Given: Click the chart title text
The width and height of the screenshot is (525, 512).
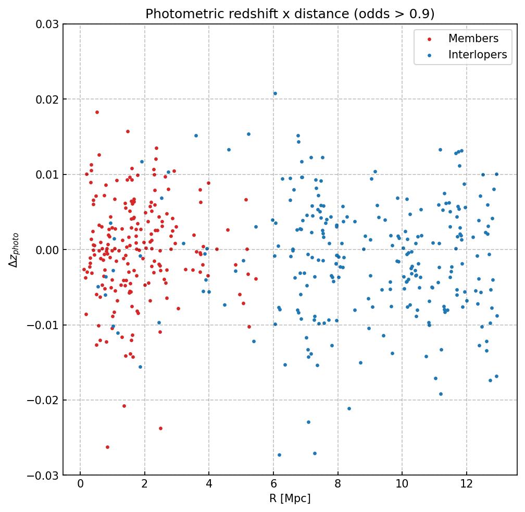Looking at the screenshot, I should click(290, 14).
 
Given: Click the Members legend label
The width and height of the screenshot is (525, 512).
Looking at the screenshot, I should click(473, 39).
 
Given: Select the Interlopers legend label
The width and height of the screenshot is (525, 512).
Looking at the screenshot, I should click(478, 55).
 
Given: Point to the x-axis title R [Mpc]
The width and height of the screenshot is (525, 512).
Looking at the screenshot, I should click(290, 498).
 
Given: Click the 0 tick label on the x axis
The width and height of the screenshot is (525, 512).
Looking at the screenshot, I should click(80, 484).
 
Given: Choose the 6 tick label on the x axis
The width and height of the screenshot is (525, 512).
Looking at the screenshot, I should click(273, 484).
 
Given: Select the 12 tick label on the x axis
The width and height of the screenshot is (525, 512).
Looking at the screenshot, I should click(467, 484).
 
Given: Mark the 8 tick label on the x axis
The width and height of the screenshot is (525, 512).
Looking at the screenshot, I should click(337, 484).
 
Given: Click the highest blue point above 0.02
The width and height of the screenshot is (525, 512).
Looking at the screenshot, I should click(275, 94).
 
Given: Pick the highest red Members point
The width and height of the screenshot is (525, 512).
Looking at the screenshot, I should click(97, 112).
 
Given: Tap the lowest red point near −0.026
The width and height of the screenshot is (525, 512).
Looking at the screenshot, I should click(107, 447).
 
